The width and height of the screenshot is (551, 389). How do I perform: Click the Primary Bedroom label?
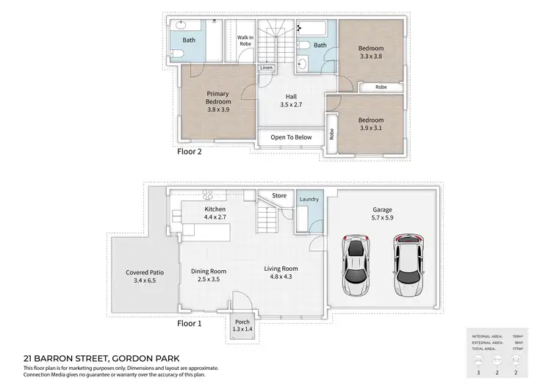218,102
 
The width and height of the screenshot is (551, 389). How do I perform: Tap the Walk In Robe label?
245,40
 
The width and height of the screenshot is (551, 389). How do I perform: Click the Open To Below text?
291,137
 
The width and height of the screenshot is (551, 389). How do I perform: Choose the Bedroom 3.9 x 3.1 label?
370,124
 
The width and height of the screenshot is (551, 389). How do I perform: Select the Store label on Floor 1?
278,195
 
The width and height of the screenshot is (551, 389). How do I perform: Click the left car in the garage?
356,266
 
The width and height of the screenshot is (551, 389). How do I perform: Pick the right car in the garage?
408,264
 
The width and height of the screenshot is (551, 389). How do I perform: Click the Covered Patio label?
144,276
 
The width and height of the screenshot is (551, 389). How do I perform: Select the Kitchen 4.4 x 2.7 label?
215,214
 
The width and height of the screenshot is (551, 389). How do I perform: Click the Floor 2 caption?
190,153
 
